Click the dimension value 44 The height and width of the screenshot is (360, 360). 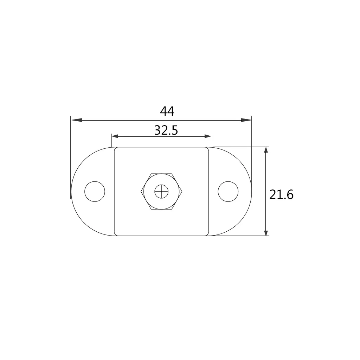click(x=167, y=111)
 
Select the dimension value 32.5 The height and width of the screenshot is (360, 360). click(x=166, y=130)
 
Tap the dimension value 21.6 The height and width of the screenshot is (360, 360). click(x=281, y=194)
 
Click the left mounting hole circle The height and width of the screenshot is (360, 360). click(x=95, y=192)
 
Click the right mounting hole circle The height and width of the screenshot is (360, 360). click(x=228, y=192)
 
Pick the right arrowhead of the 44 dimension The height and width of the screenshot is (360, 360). click(x=246, y=120)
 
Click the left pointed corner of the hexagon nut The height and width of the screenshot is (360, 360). click(x=141, y=192)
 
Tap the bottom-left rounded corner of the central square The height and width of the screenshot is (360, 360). click(x=116, y=234)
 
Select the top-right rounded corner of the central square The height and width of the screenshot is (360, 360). click(x=208, y=149)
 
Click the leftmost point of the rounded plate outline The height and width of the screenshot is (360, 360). click(x=71, y=192)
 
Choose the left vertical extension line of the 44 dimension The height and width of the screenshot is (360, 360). click(x=71, y=158)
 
